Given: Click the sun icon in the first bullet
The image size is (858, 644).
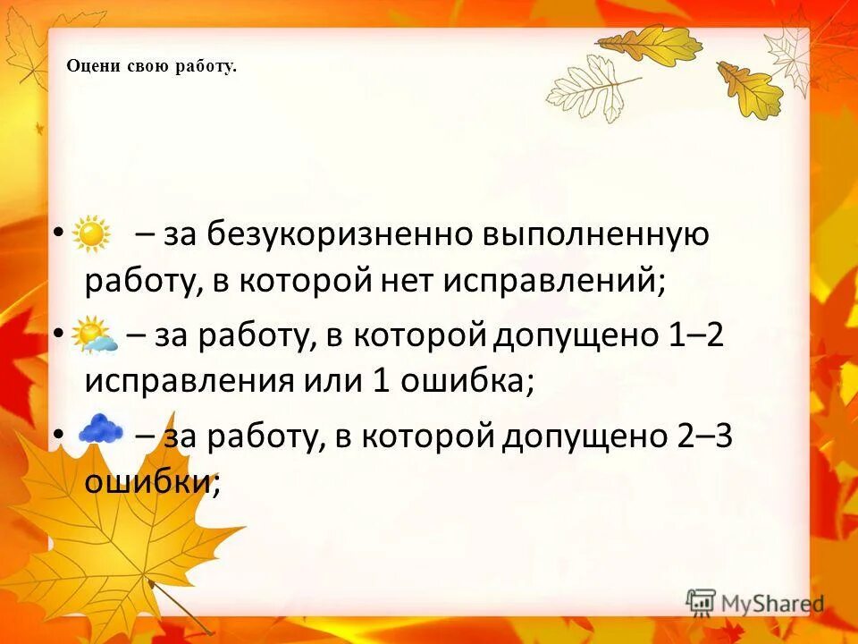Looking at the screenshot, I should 90,235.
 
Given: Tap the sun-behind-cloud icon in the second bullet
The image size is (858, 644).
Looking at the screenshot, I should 94,335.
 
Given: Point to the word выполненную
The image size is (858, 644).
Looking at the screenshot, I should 597,235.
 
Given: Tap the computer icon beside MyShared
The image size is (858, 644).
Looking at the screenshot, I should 701,602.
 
